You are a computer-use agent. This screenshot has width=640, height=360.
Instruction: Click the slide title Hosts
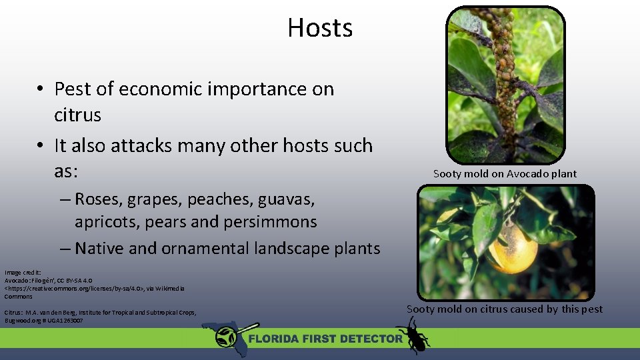[320, 28]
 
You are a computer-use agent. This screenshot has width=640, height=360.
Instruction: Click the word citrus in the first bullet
[77, 115]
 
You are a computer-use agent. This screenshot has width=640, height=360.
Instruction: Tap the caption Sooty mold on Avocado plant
[505, 174]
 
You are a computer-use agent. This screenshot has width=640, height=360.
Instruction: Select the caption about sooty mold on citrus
[504, 309]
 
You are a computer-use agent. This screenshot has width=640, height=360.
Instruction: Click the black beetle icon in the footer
[413, 335]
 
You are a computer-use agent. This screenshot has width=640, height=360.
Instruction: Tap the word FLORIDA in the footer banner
[274, 339]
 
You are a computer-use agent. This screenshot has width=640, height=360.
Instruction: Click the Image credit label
[23, 273]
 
